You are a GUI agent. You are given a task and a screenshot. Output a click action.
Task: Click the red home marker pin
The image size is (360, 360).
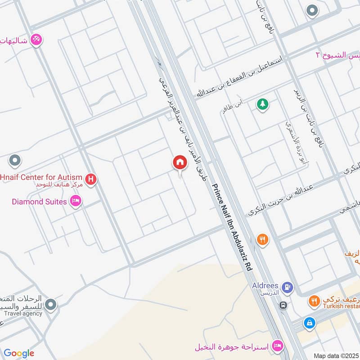(180, 163)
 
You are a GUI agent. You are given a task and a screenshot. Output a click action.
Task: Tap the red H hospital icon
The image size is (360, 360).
(91, 180)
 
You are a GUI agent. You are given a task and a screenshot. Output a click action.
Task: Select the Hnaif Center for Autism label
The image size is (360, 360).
(41, 177)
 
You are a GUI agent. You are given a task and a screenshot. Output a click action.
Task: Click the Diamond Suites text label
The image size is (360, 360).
(39, 201)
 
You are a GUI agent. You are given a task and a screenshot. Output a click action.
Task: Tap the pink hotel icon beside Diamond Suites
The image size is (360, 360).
(76, 201)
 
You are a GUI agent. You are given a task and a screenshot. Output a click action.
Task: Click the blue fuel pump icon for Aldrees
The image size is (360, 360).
(286, 287)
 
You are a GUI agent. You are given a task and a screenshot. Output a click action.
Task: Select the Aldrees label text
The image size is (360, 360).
(265, 287)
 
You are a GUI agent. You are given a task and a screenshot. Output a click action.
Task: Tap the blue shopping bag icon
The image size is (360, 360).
(309, 322)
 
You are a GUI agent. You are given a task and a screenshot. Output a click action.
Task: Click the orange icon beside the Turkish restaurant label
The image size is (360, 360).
(314, 301)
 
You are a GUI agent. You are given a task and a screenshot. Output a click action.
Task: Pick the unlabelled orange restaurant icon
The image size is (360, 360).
(262, 240)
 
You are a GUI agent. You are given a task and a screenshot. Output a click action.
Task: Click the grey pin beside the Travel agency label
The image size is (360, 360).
(51, 306)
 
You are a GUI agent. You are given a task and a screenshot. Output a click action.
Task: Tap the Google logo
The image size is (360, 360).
(18, 353)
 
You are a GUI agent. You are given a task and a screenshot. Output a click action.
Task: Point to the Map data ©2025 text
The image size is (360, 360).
(335, 355)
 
